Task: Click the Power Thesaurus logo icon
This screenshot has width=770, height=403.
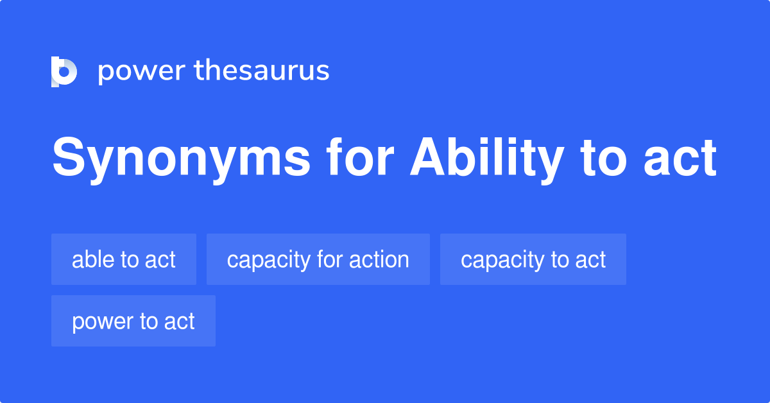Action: tap(64, 71)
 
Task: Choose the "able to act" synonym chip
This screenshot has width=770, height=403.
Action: tap(124, 259)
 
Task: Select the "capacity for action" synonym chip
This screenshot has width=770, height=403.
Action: tap(318, 259)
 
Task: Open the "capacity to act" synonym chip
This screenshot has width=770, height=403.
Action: tap(533, 259)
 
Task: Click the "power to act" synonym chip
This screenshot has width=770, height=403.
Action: tap(133, 321)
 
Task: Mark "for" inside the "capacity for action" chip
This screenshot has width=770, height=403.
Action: tap(330, 259)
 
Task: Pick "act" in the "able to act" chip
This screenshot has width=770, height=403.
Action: tap(160, 260)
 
